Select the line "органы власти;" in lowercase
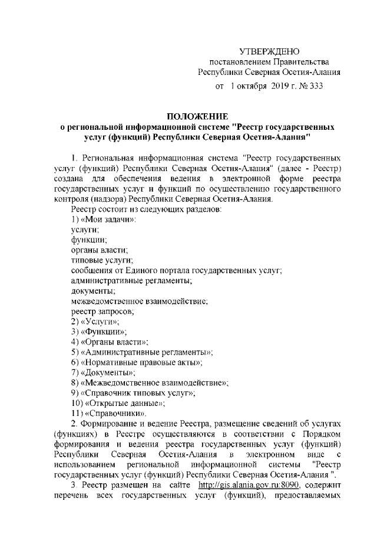tap(95, 250)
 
